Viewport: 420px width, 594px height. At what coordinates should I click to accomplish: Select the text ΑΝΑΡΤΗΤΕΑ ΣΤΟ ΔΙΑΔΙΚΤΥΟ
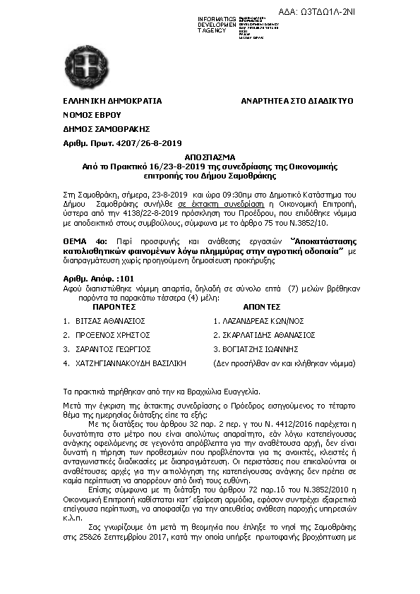[296, 101]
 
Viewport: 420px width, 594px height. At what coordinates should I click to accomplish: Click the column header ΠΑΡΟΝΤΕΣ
[114, 308]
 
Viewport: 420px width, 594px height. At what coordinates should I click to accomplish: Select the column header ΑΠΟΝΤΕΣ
[262, 308]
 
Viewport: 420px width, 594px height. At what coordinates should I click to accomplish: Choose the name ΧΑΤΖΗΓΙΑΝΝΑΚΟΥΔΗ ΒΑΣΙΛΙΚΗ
[130, 363]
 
